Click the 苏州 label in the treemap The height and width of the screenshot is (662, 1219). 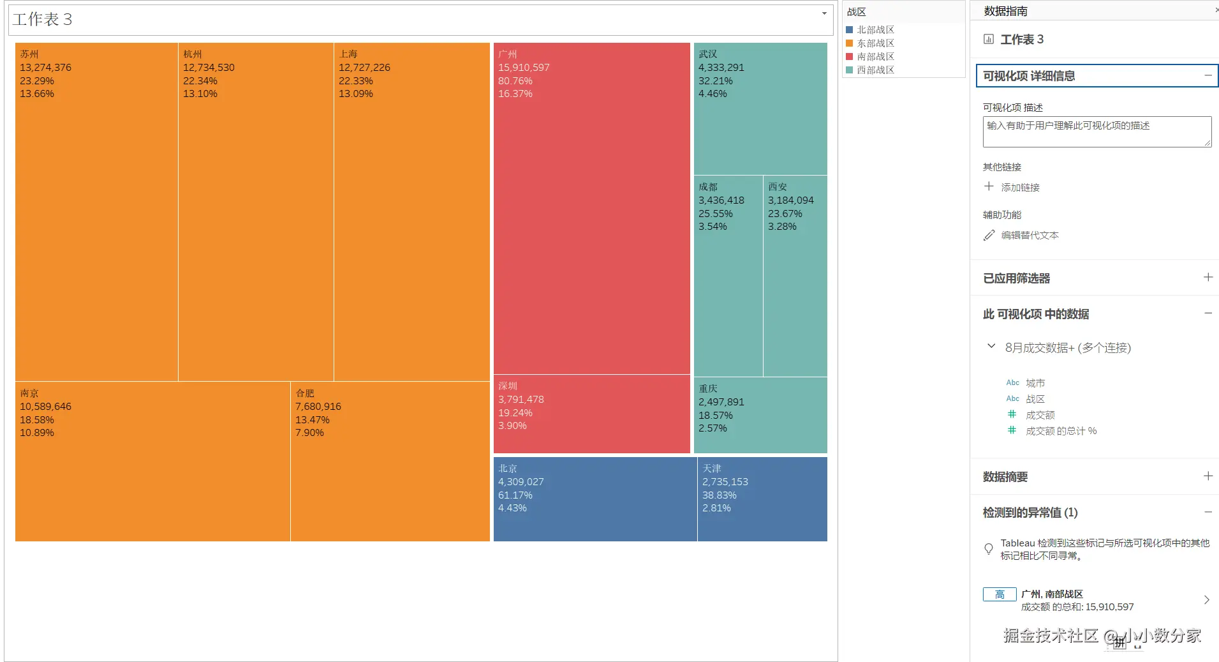pos(29,54)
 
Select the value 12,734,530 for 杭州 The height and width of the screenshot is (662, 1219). pos(209,68)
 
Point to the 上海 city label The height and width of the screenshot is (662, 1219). pos(348,54)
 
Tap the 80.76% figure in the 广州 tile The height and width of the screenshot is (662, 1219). pos(515,81)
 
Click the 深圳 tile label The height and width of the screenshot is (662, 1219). pos(508,386)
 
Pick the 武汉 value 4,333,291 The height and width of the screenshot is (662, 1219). pos(721,68)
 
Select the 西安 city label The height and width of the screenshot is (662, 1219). pos(778,187)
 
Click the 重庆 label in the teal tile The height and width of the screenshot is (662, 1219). pos(708,389)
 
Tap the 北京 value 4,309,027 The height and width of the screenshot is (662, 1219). pos(521,482)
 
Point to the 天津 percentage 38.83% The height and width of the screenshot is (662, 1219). pos(719,495)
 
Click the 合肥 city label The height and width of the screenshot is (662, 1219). pos(305,393)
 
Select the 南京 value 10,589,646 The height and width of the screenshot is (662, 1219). pos(45,407)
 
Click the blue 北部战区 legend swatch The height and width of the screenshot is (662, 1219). pos(850,30)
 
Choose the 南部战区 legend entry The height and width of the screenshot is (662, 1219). pos(875,57)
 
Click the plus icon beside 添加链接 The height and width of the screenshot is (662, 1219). pos(989,186)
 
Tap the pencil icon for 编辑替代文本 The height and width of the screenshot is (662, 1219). pos(989,236)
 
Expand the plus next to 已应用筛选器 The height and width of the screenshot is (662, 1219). pos(1208,277)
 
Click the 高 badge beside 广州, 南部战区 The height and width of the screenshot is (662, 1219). pos(1000,594)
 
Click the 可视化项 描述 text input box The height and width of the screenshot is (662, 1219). pos(1096,132)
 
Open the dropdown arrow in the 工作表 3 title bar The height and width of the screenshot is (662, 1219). pos(824,13)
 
